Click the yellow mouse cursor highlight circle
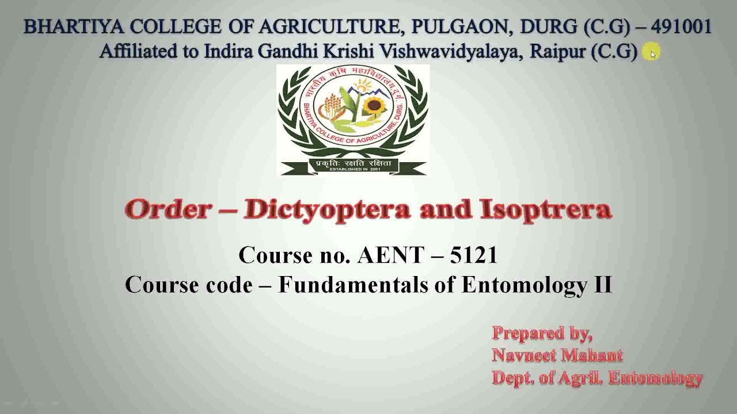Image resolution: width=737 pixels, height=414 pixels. [651, 52]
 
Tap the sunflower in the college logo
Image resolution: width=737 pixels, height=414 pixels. [375, 106]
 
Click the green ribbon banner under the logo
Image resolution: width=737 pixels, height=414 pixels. [353, 165]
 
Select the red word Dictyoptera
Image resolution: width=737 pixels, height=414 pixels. [326, 209]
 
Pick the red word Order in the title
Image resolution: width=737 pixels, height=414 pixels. [168, 209]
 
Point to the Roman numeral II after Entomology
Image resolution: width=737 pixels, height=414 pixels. [602, 285]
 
